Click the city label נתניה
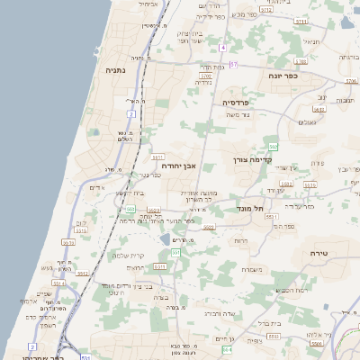(115, 69)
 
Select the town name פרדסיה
(240, 103)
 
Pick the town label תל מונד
(251, 208)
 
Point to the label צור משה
(237, 114)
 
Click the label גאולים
(307, 121)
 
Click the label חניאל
(311, 41)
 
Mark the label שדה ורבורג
(220, 313)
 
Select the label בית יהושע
(130, 193)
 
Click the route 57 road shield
(234, 65)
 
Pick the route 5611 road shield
(67, 242)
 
